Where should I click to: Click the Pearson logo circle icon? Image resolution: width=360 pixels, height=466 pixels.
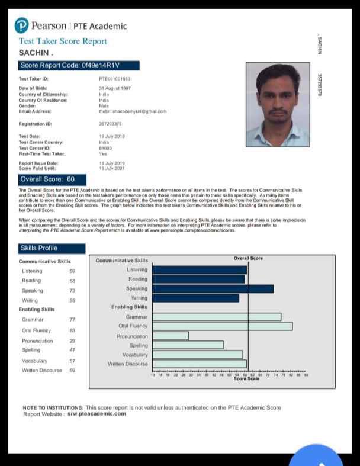(x=22, y=25)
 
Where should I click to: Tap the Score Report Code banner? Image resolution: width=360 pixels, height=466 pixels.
(x=79, y=66)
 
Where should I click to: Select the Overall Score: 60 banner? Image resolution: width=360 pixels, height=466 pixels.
(x=52, y=179)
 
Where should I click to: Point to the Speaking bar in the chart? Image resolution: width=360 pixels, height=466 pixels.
(x=213, y=288)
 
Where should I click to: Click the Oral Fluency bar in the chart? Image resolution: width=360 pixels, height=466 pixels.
(x=222, y=326)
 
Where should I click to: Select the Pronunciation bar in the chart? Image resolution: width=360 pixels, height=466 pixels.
(x=171, y=336)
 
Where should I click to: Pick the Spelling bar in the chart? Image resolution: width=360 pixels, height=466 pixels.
(x=188, y=345)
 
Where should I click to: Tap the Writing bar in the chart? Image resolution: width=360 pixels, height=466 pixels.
(x=195, y=298)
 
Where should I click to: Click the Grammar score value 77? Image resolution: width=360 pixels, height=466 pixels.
(x=72, y=319)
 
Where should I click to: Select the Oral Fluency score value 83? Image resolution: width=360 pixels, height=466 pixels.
(x=72, y=330)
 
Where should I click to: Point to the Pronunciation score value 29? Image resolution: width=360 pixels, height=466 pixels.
(x=72, y=341)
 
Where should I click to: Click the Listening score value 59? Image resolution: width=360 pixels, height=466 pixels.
(x=72, y=271)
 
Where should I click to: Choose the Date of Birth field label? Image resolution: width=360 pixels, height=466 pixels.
(x=33, y=88)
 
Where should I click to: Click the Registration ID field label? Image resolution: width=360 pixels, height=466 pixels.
(x=36, y=124)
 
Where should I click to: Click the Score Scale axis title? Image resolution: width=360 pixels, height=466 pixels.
(x=246, y=379)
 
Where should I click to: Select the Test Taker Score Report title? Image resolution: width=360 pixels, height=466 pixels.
(x=63, y=41)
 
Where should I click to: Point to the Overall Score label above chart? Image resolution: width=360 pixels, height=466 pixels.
(x=248, y=258)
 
